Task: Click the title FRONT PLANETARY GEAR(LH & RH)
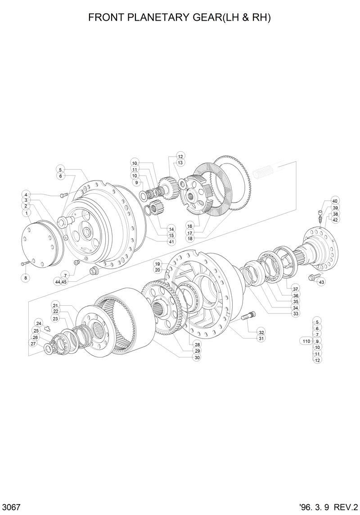tap(180, 18)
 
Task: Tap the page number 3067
tap(11, 506)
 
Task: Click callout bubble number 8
tap(26, 278)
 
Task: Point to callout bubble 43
tap(321, 282)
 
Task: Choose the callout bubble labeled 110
tap(306, 341)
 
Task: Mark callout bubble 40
tap(335, 201)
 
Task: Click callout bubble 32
tap(261, 332)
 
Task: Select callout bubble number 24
tap(39, 323)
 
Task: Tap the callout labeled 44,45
tap(61, 281)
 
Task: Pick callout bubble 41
tap(171, 242)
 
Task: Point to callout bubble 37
tap(296, 289)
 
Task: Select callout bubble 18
tap(190, 239)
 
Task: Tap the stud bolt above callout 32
tap(248, 318)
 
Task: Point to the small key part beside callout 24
tap(46, 333)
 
